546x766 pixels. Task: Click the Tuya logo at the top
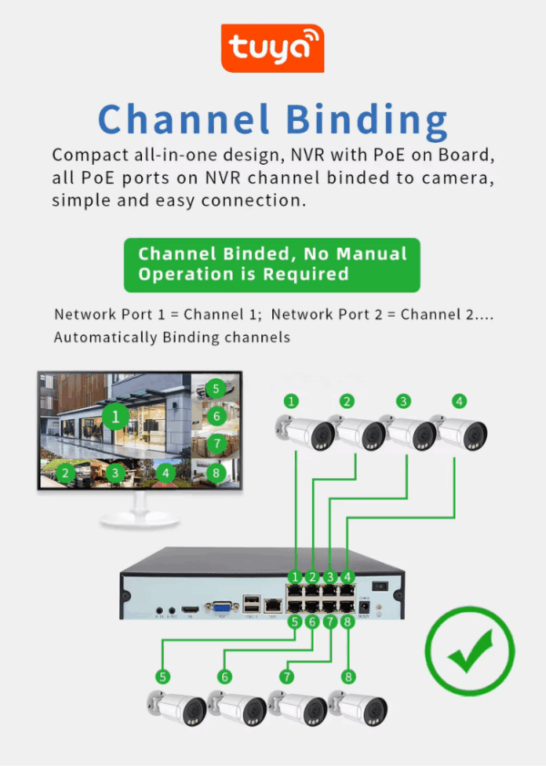click(x=272, y=49)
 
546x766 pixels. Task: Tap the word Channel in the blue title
click(x=183, y=119)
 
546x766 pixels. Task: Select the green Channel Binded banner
click(x=272, y=265)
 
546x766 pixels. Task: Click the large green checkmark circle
click(x=470, y=653)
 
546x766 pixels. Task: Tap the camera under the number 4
click(x=462, y=431)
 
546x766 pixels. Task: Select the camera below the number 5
click(x=177, y=709)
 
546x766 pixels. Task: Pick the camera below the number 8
click(x=359, y=709)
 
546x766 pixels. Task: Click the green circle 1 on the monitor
click(x=115, y=418)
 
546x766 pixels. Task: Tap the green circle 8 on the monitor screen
click(x=216, y=473)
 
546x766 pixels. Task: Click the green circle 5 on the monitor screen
click(x=215, y=388)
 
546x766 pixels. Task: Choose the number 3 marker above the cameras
click(x=403, y=401)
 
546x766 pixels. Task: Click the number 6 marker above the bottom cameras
click(x=225, y=677)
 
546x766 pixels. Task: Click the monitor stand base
click(x=138, y=518)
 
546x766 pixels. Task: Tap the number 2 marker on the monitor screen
click(x=65, y=473)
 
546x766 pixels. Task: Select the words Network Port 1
click(x=112, y=314)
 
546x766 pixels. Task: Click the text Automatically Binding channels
click(x=172, y=337)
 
